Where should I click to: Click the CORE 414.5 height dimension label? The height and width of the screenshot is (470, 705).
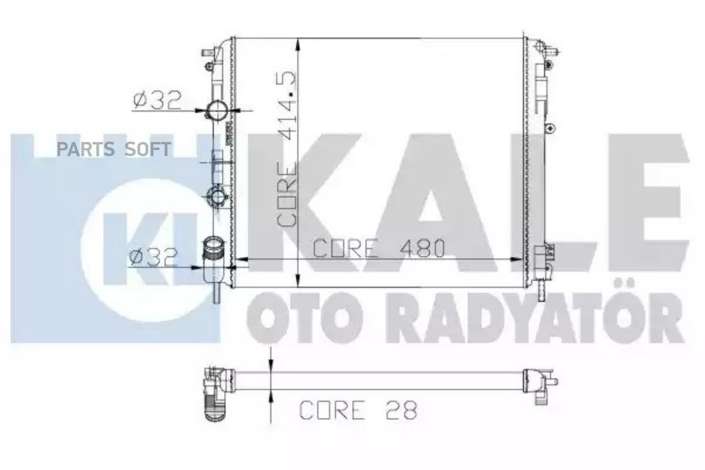click(x=287, y=149)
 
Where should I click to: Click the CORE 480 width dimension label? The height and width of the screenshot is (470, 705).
click(x=378, y=248)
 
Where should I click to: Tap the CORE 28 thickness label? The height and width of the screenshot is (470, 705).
click(x=358, y=410)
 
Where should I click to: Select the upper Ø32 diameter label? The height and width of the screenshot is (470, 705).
click(x=157, y=100)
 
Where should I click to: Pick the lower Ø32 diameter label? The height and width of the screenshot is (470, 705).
click(x=154, y=257)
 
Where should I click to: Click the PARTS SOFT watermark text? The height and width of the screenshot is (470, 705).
click(x=114, y=149)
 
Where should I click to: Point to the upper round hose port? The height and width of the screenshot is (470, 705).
click(x=216, y=110)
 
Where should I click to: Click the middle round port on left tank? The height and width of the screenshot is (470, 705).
click(x=216, y=197)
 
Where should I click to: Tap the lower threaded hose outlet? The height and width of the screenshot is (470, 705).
click(x=213, y=248)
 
